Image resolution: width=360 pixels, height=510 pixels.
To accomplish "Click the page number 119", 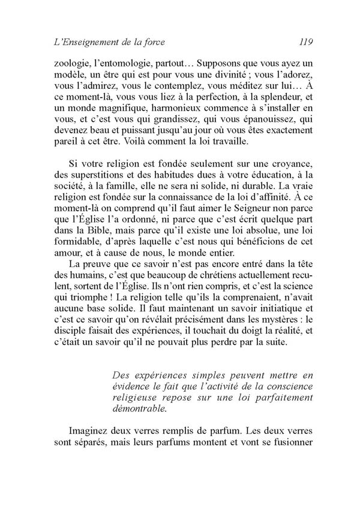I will [298, 42].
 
